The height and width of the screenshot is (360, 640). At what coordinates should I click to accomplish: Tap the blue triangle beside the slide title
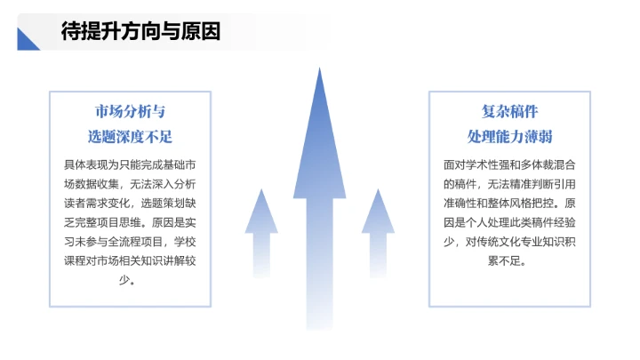pos(28,39)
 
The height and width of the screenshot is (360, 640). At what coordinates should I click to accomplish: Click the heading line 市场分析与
pos(130,112)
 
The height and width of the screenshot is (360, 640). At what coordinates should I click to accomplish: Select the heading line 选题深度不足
pos(130,137)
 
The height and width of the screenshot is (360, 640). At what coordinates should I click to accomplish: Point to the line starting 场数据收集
pos(130,184)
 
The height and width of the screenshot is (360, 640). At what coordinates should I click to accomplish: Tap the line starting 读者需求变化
pos(130,204)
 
